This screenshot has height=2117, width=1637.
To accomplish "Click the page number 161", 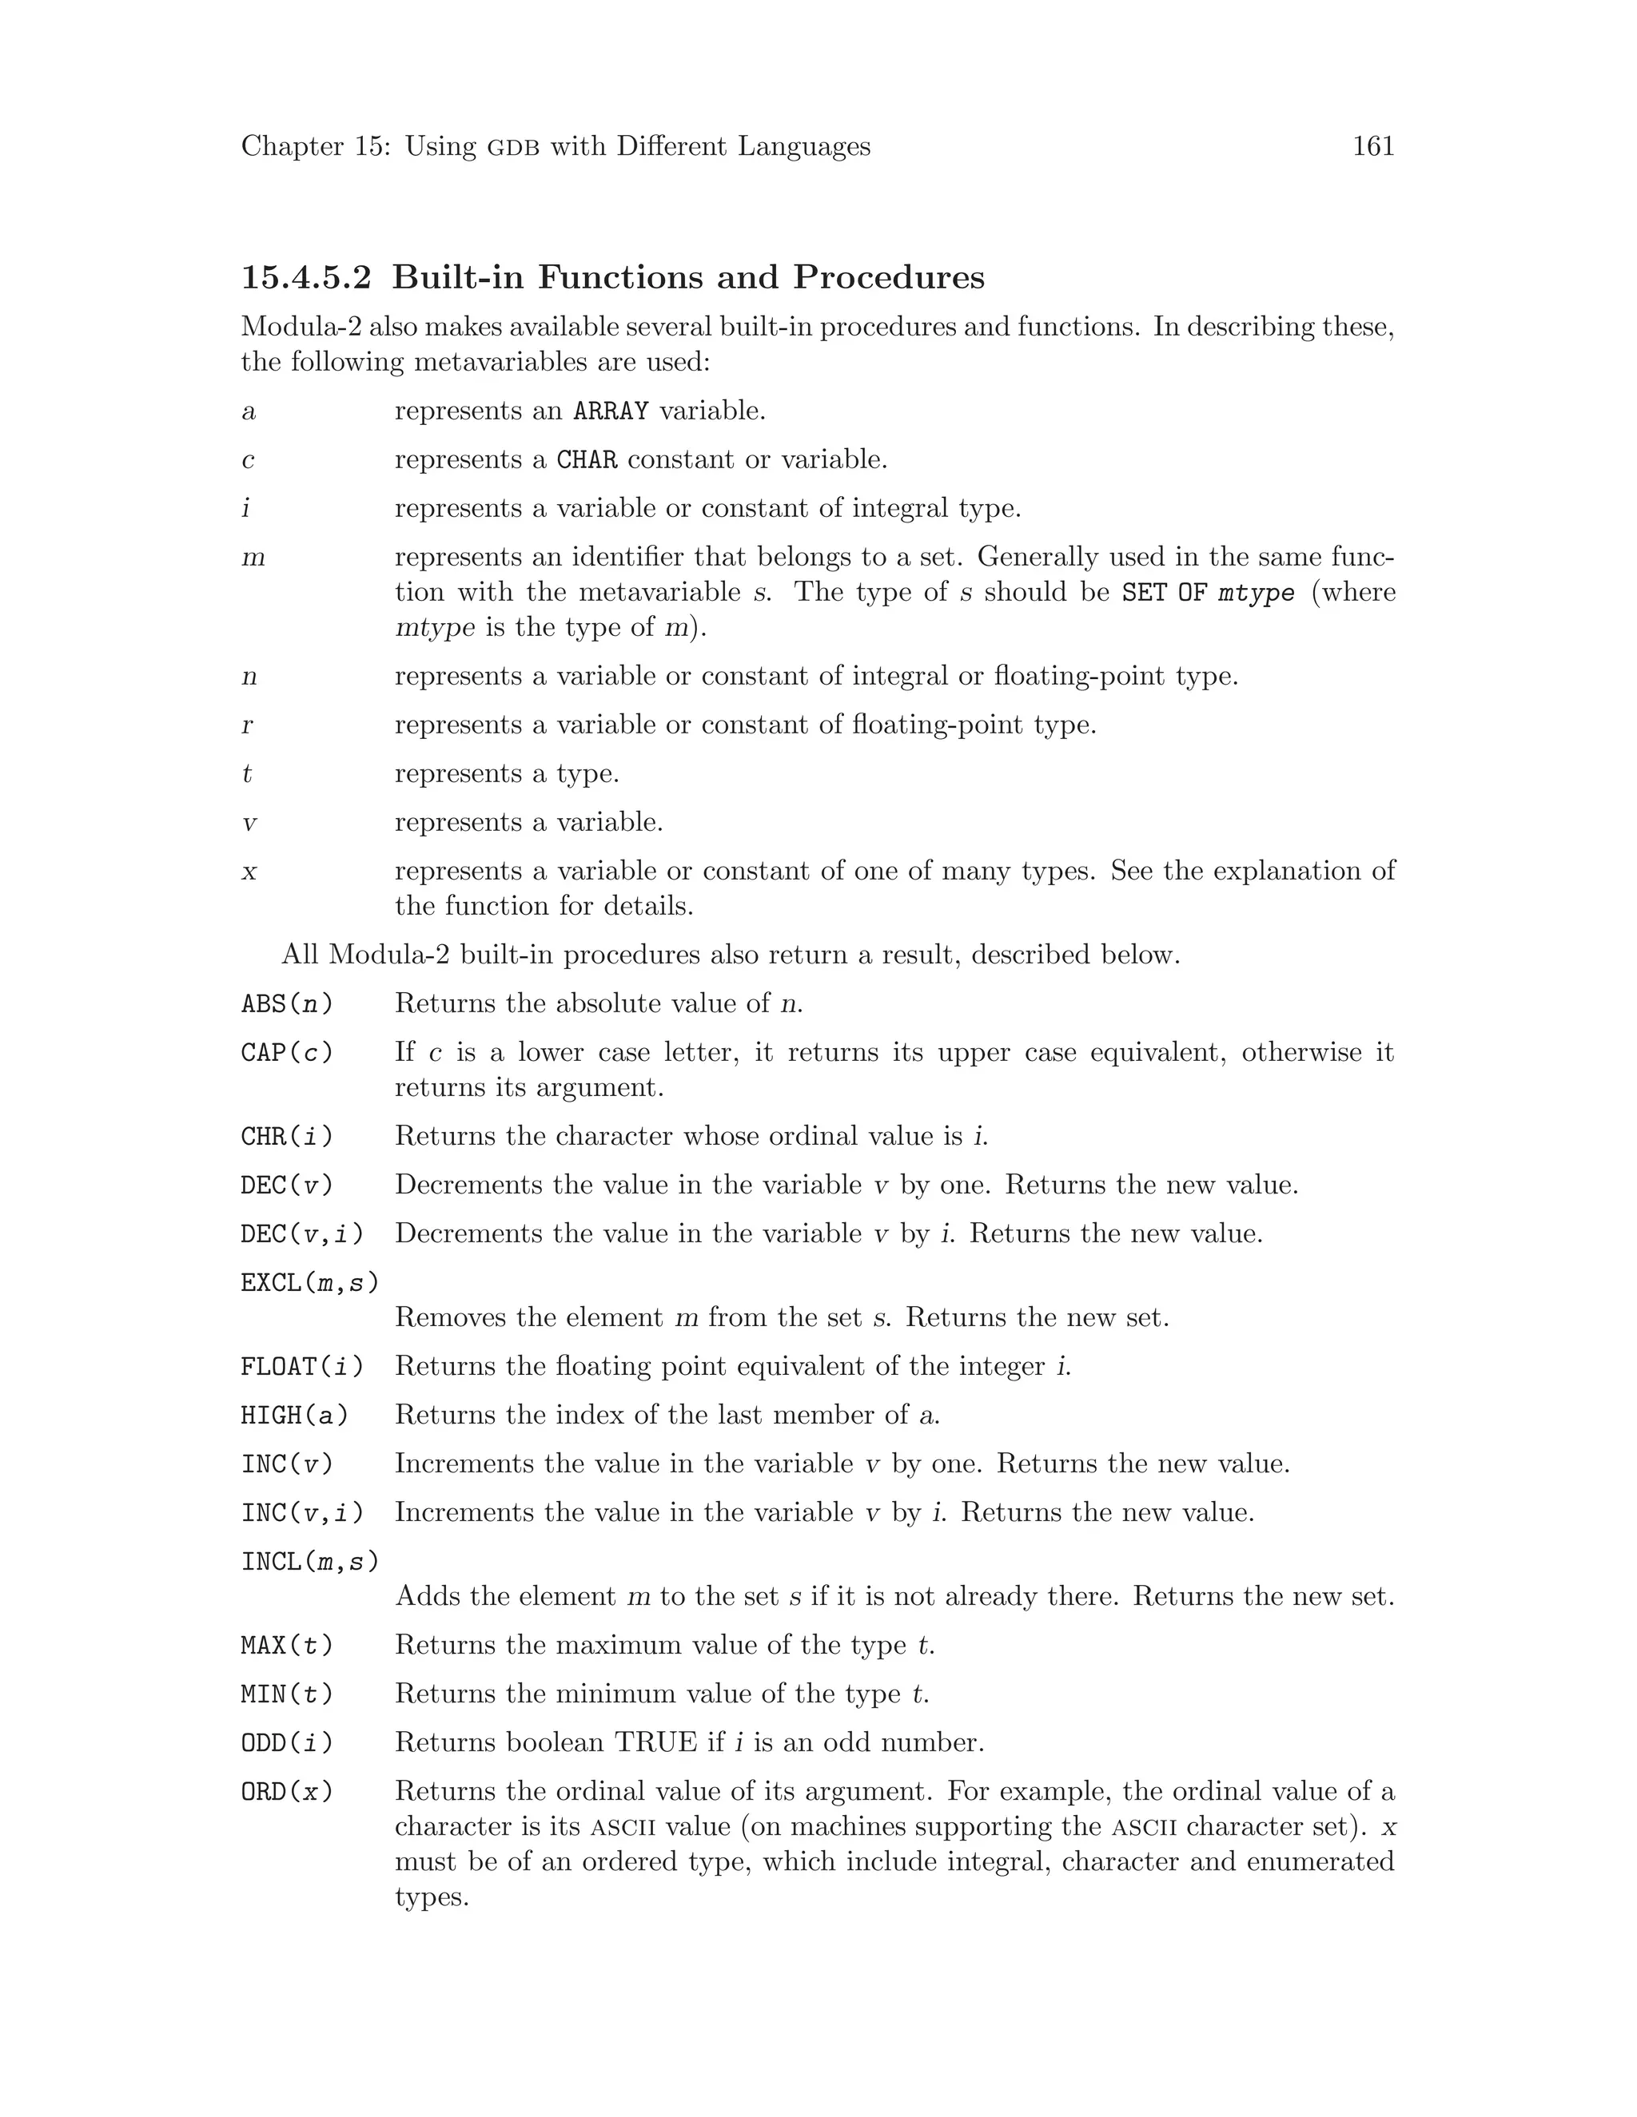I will point(1372,146).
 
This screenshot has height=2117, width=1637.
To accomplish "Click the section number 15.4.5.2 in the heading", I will point(305,278).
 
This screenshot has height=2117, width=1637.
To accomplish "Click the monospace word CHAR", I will point(587,459).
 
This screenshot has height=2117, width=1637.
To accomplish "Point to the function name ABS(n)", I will point(287,1004).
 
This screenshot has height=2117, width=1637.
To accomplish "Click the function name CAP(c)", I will point(287,1053).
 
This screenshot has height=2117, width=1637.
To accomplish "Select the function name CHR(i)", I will point(287,1136).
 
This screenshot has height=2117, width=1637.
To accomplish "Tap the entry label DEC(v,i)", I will point(301,1234).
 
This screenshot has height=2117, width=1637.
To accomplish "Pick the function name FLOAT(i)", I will point(301,1367).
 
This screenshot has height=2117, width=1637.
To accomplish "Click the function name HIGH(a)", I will point(294,1416).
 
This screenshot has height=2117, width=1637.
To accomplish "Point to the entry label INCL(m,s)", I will point(309,1562).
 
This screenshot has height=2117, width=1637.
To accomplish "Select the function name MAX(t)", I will point(287,1646).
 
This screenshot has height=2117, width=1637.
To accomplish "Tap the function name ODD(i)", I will point(287,1743).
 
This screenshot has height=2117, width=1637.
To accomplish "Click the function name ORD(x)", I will point(287,1793).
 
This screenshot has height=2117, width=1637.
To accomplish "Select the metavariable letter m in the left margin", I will point(253,558).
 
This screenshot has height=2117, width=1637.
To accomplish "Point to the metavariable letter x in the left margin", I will point(249,872).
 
